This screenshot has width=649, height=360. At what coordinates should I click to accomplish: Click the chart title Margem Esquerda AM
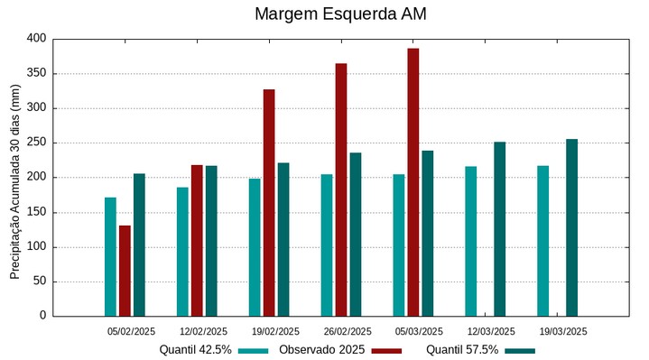point(340,14)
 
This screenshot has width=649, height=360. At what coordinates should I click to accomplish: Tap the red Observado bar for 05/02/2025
point(125,271)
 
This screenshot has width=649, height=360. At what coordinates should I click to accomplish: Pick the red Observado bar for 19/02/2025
point(269,203)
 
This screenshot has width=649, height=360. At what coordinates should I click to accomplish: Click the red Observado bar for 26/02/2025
point(341,189)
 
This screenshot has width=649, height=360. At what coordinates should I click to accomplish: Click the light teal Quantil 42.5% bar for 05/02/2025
point(110,257)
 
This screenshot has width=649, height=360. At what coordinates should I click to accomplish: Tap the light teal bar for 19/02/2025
point(255,247)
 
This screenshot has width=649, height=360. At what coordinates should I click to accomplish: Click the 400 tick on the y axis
point(35,39)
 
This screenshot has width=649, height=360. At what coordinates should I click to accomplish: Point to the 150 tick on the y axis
point(35,213)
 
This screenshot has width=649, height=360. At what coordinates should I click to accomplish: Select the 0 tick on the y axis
point(42,316)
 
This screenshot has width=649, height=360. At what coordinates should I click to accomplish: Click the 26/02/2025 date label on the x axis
point(348,331)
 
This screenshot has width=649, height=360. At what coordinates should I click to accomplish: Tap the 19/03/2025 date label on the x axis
point(563,331)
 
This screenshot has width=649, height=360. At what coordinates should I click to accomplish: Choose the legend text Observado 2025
point(321,350)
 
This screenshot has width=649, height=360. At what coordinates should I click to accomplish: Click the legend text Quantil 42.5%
point(196,350)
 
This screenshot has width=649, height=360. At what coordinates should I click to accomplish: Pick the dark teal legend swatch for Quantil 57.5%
point(520,350)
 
